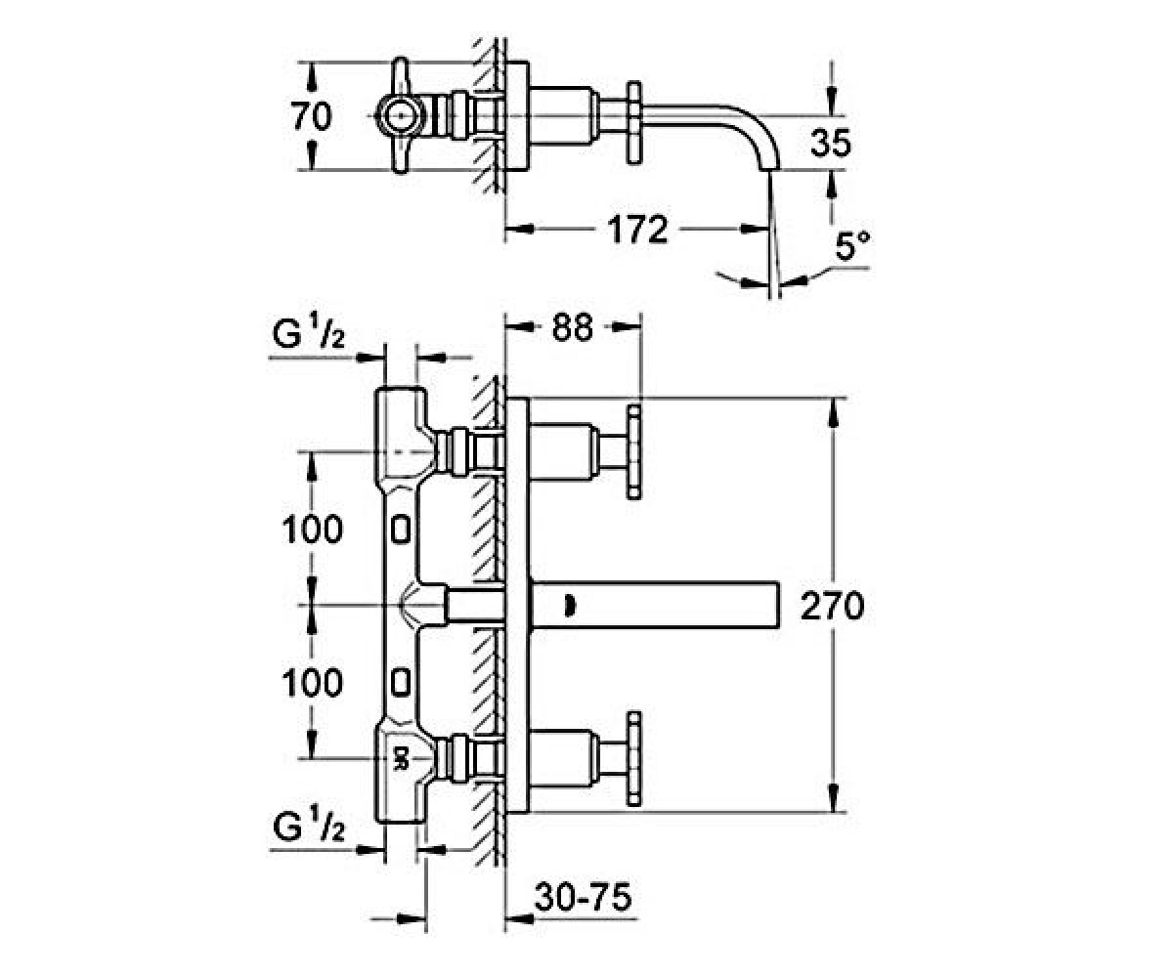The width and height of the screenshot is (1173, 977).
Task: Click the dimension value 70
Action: pos(312,117)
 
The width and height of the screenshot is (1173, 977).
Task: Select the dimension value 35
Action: pos(831,143)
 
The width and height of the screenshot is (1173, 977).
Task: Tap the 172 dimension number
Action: pos(637,229)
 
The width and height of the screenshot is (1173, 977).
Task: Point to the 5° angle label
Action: pos(852,246)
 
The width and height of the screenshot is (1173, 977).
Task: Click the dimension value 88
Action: pos(573,327)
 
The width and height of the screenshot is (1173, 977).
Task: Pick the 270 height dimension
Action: pos(832,606)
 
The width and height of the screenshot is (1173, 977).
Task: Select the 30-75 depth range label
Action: pos(584,897)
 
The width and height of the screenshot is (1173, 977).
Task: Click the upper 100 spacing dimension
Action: pos(313,529)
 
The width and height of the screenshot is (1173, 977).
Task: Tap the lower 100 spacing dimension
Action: pos(313,683)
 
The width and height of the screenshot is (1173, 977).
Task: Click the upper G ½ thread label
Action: pos(309,333)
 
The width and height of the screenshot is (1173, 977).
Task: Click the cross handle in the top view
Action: pos(401,115)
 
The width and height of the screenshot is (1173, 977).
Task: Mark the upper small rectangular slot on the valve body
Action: pos(400,530)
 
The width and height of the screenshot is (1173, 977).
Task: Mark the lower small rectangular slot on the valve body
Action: pos(400,682)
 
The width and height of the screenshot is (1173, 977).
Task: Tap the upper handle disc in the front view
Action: pos(634,452)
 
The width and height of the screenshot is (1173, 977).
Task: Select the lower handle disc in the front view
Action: pos(634,760)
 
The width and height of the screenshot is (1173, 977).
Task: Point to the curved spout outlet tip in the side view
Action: pos(769,167)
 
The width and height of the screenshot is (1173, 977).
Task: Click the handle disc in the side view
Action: pos(634,123)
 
